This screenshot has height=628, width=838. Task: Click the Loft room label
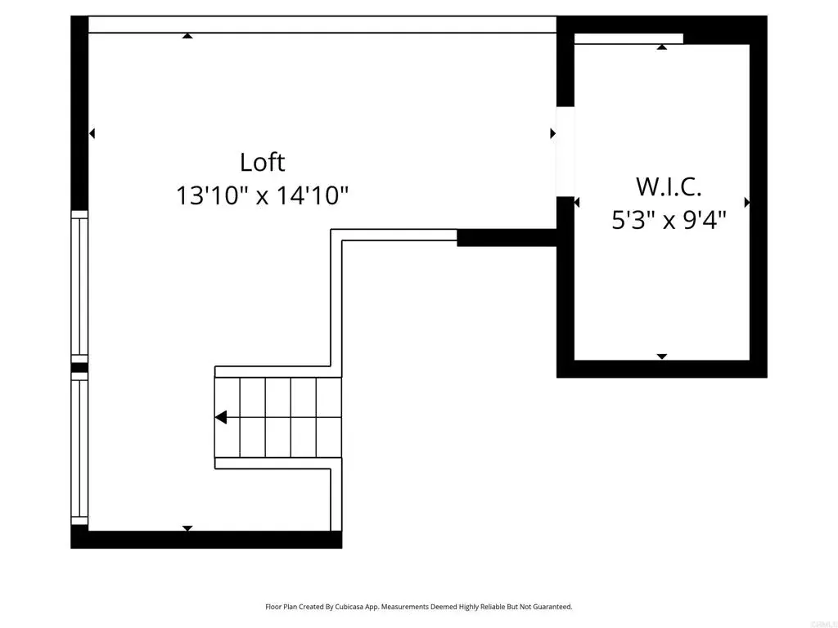[x=262, y=163]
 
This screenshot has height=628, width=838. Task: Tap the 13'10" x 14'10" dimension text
[x=262, y=195]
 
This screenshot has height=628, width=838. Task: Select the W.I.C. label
[x=669, y=187]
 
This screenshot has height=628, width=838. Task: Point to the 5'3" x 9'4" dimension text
[x=669, y=219]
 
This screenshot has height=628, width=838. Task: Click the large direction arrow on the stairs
[x=221, y=417]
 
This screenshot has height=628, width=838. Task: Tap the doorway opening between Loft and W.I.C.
[x=565, y=151]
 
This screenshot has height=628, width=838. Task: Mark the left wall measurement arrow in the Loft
[x=92, y=133]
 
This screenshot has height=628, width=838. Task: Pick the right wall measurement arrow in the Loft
[x=553, y=133]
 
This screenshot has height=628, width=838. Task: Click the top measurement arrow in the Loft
[x=187, y=36]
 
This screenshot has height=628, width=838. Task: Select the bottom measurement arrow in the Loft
[x=187, y=528]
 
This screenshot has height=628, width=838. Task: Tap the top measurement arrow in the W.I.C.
[x=662, y=47]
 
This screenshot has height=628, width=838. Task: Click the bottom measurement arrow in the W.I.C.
[x=662, y=357]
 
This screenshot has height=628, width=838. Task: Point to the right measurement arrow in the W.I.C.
[x=747, y=203]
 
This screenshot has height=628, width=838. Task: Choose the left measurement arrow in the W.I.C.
[x=577, y=203]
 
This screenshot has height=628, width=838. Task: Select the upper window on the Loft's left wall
[x=79, y=287]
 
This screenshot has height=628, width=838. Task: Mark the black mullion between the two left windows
[x=79, y=368]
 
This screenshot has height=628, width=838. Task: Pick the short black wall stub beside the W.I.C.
[x=507, y=238]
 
